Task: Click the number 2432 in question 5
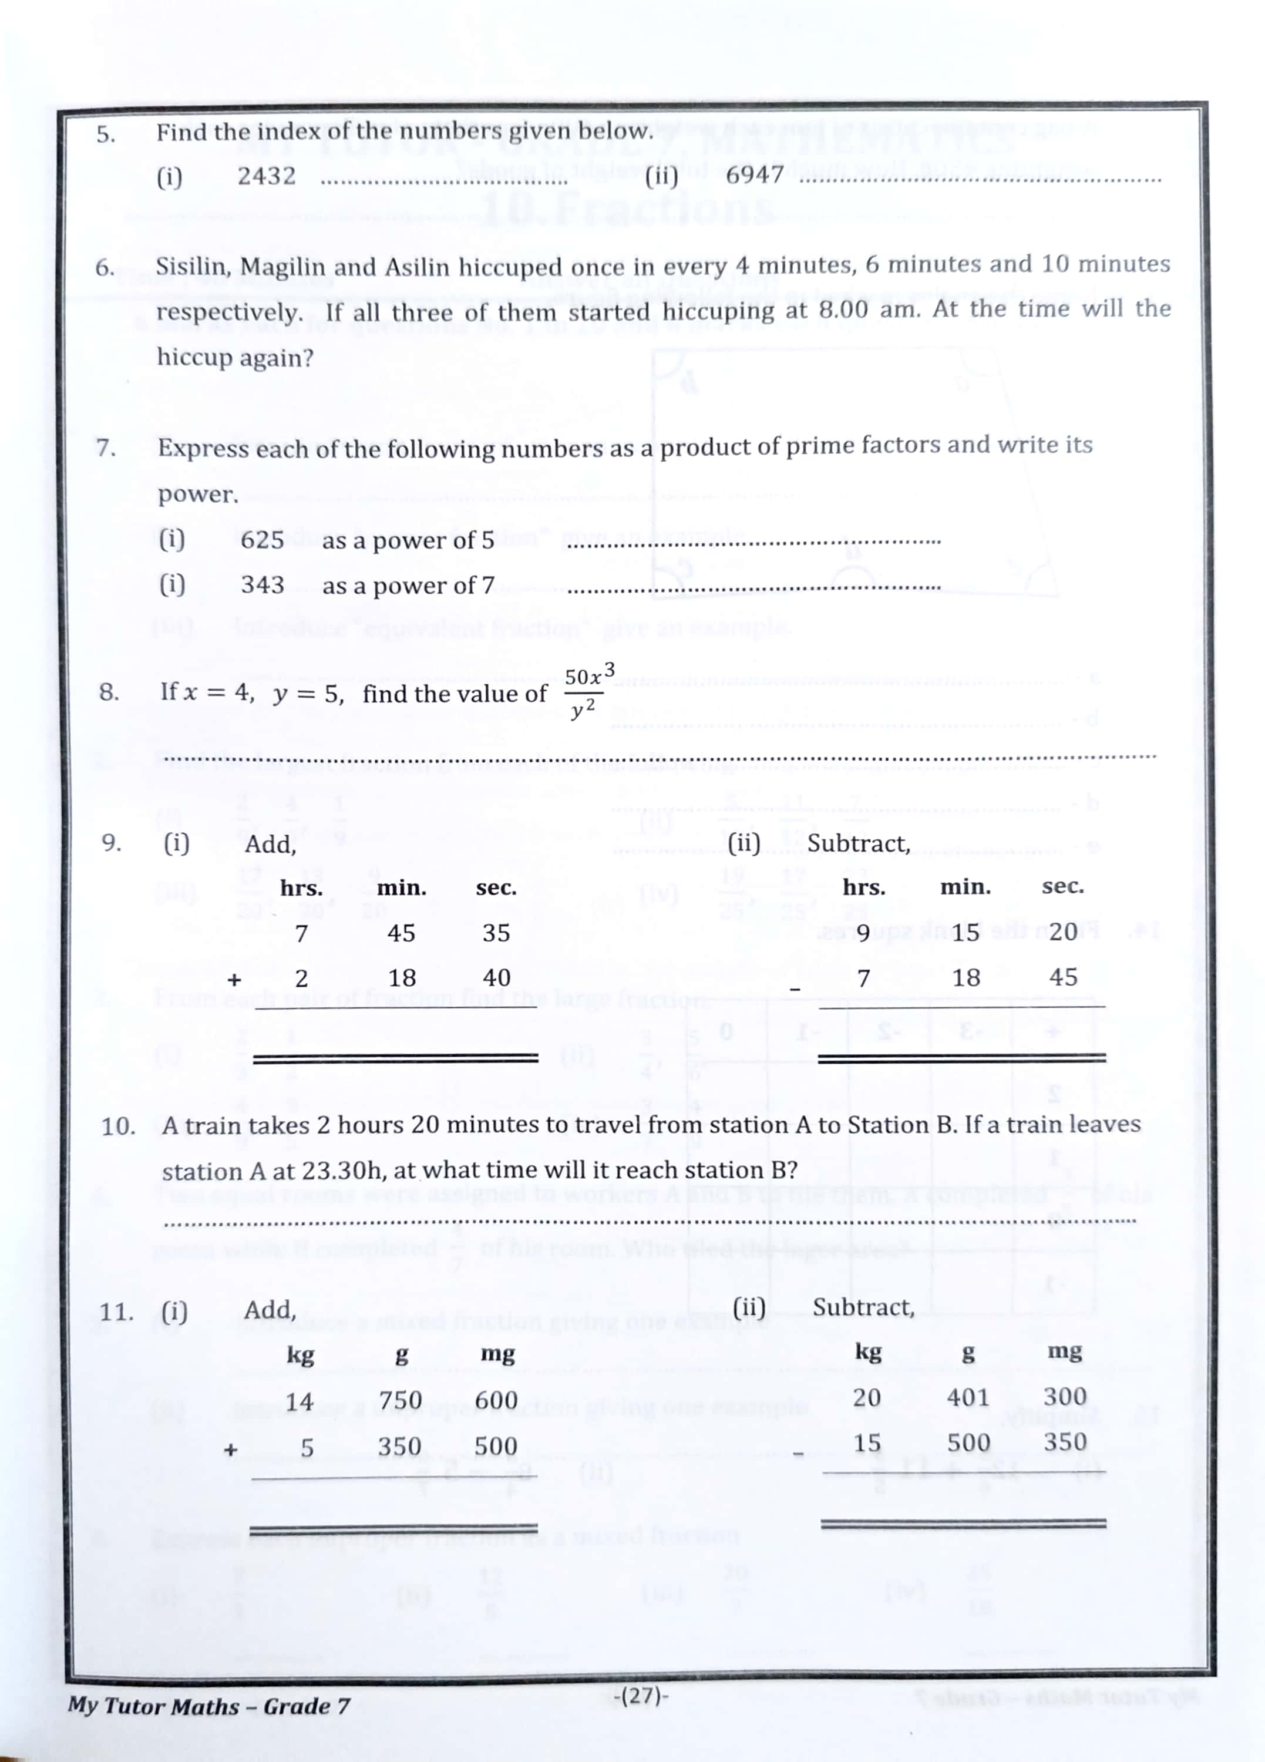tap(267, 176)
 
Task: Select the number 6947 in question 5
tap(753, 175)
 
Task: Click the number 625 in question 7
tap(262, 539)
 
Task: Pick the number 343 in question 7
tap(262, 584)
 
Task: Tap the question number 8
tap(109, 691)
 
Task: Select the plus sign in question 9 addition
tap(234, 980)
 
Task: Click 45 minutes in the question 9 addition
tap(401, 933)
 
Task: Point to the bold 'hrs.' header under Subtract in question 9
tap(863, 887)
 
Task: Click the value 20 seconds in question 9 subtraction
tap(1062, 932)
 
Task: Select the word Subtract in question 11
tap(863, 1307)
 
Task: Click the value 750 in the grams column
tap(400, 1400)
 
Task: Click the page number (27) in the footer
tap(640, 1695)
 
